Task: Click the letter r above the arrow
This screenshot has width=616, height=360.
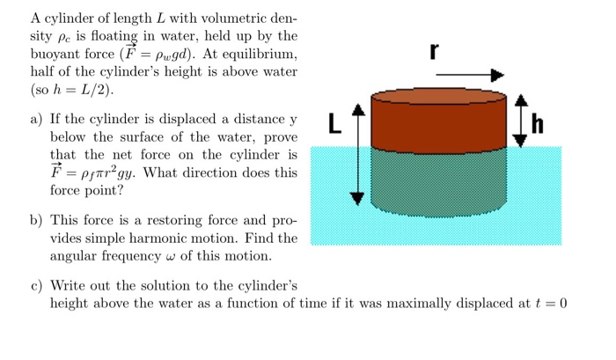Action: tap(433, 51)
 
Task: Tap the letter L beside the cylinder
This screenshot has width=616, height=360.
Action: tap(334, 123)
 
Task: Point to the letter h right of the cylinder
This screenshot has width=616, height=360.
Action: tap(537, 126)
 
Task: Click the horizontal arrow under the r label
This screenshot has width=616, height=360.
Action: tap(471, 77)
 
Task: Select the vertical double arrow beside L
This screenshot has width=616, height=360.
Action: tap(356, 153)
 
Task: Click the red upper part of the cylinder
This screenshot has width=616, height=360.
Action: tap(439, 121)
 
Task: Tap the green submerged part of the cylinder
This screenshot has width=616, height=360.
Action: tap(439, 180)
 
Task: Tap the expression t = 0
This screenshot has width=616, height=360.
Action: tap(550, 304)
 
